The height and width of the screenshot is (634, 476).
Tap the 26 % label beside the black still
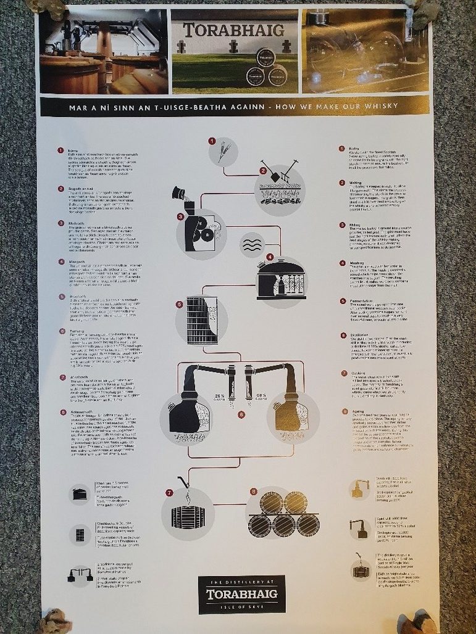[218, 395]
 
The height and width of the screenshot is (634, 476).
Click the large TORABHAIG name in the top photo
[233, 29]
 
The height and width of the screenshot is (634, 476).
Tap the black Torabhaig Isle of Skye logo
[241, 594]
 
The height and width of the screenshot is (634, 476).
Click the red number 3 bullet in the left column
[61, 223]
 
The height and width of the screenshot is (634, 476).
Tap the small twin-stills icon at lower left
[79, 575]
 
